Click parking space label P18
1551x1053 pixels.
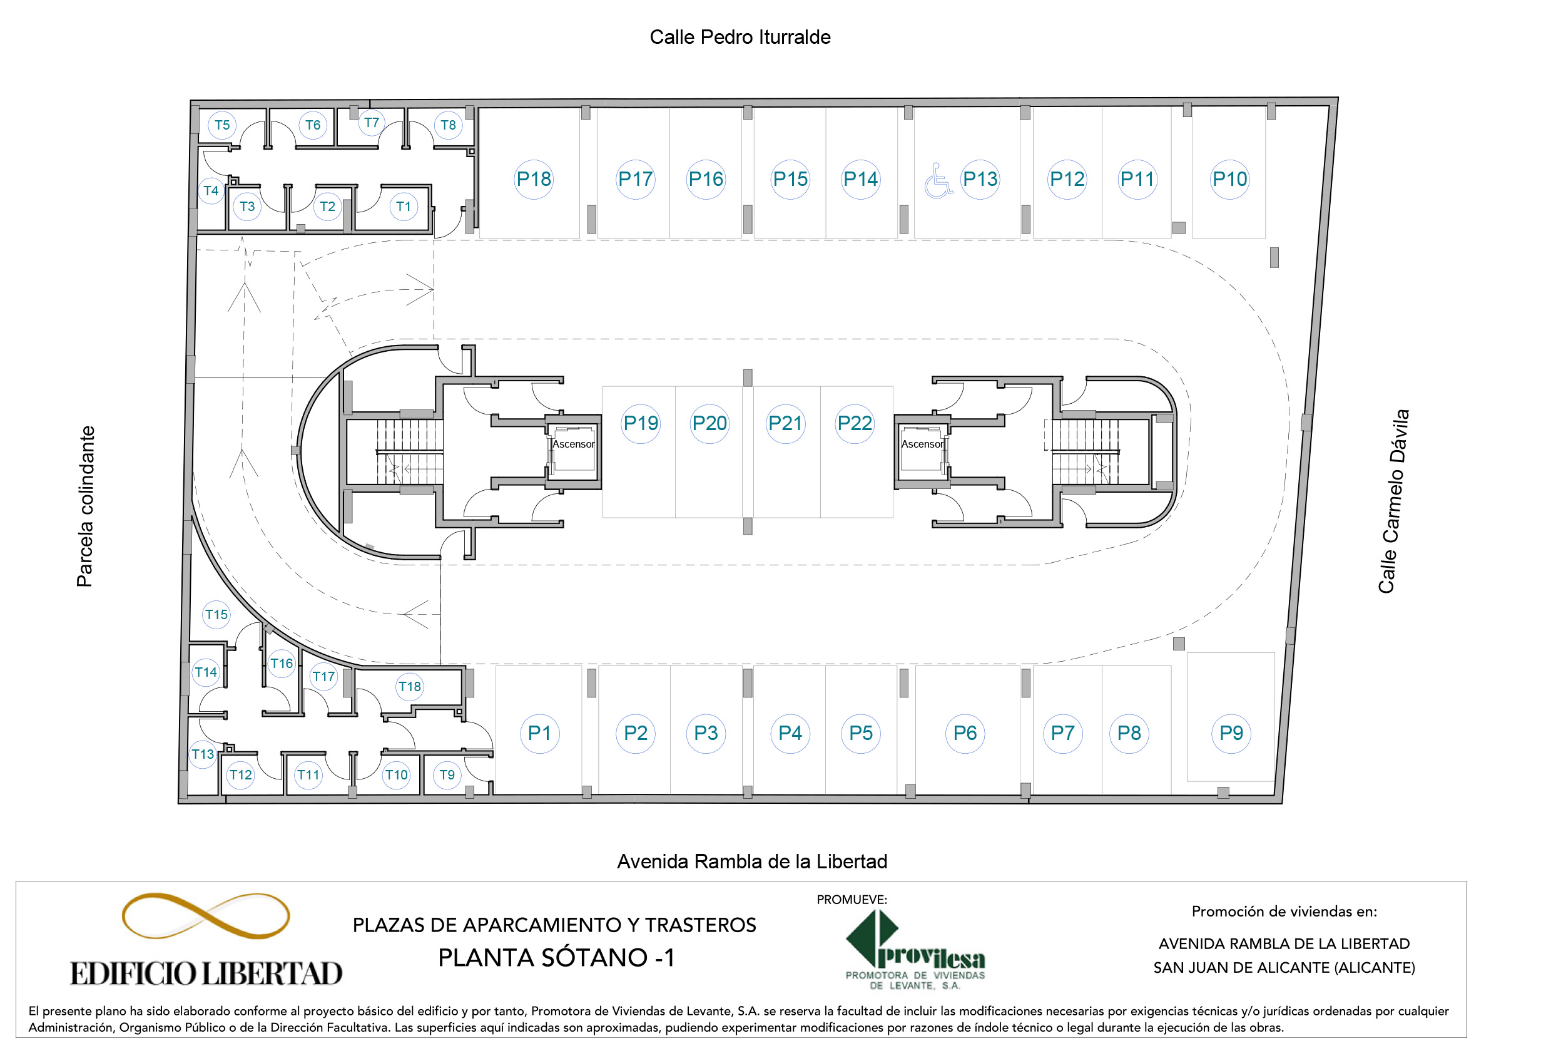(534, 179)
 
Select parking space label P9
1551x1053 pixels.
(1231, 733)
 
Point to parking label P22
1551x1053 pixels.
(854, 423)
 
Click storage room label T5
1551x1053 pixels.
(222, 125)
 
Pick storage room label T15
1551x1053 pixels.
(216, 614)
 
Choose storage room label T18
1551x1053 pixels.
(410, 686)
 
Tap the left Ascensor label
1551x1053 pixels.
(573, 444)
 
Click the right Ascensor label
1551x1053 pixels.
(922, 444)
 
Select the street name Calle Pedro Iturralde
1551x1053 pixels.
(740, 38)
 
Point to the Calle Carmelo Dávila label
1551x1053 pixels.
(1393, 501)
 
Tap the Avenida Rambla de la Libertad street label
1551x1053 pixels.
(752, 861)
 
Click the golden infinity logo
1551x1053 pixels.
(206, 915)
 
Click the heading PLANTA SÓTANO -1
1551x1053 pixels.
(556, 957)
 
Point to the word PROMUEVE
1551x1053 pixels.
(852, 900)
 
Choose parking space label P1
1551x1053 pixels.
(539, 733)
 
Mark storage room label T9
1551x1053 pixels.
(447, 774)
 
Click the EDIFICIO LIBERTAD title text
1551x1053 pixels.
(206, 973)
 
